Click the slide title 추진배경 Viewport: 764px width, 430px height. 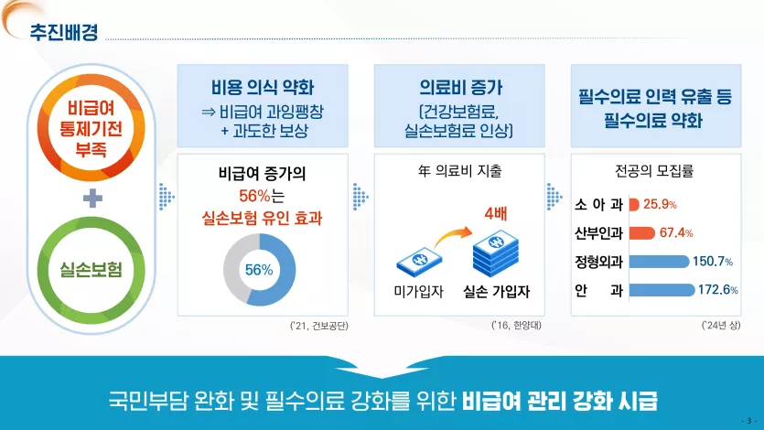click(64, 32)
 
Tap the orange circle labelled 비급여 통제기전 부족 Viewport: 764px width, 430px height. click(91, 82)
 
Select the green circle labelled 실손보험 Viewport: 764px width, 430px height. click(91, 228)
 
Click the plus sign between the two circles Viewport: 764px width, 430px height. click(92, 199)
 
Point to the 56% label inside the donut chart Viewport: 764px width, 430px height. click(259, 270)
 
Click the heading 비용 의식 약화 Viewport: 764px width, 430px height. click(263, 88)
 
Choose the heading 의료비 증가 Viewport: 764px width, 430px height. click(460, 88)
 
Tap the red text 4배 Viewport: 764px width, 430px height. click(496, 214)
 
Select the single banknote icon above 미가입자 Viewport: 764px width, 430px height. click(420, 262)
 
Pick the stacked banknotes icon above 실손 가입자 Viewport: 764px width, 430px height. click(496, 254)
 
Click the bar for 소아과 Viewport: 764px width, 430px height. click(634, 205)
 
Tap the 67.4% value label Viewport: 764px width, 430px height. click(676, 232)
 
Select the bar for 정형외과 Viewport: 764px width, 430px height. click(660, 262)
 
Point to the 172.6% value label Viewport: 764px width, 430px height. click(717, 290)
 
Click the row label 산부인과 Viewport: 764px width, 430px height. click(598, 233)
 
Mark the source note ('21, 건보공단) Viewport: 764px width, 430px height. click(318, 326)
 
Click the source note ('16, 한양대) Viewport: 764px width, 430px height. click(516, 326)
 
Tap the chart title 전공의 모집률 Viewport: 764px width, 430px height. click(654, 171)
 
